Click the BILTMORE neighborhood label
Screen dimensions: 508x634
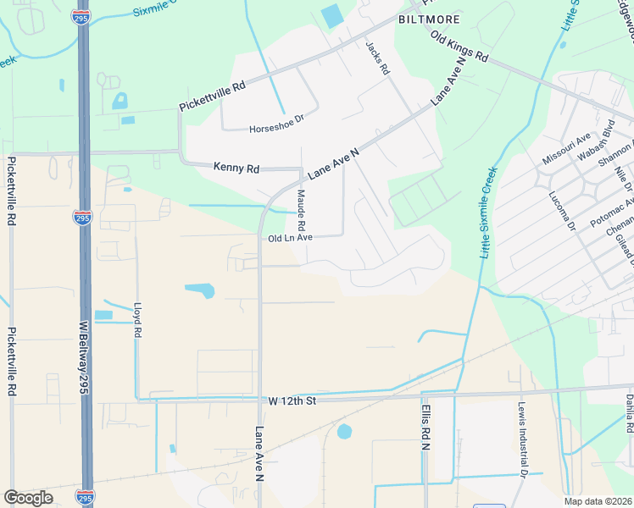point(430,19)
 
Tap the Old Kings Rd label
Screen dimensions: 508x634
point(459,47)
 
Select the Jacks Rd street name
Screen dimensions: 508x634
point(376,58)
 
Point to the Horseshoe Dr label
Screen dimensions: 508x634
point(276,130)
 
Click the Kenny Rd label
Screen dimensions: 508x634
point(236,168)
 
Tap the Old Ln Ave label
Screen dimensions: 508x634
point(291,239)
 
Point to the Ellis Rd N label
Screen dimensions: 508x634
point(425,432)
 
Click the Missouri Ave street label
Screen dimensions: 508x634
point(566,148)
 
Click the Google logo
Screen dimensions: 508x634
point(29,498)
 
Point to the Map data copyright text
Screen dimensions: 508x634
point(598,501)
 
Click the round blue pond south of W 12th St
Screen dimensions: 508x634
point(344,432)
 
